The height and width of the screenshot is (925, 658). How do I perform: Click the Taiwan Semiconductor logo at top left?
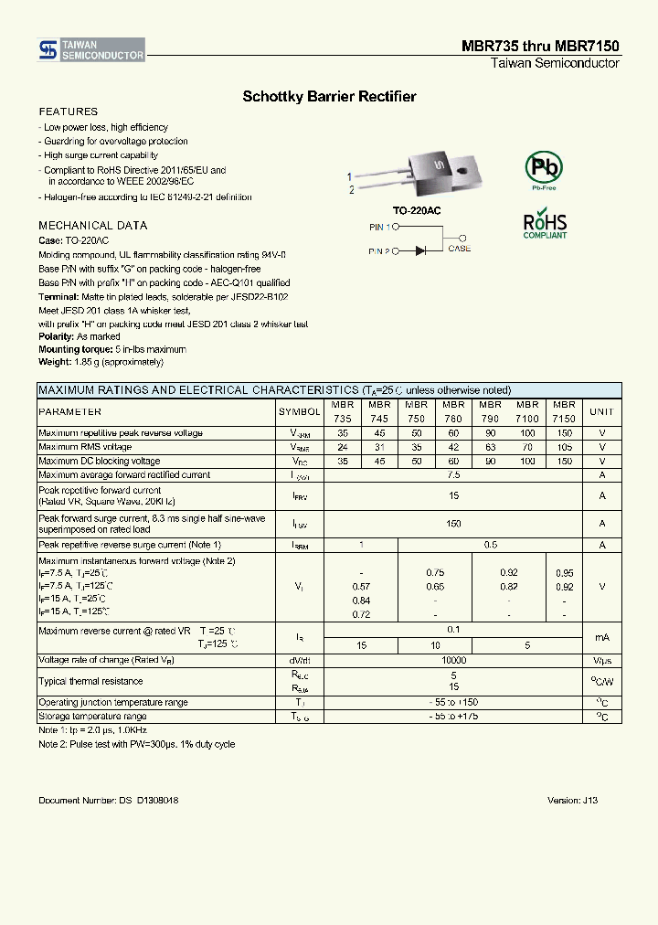pyautogui.click(x=91, y=50)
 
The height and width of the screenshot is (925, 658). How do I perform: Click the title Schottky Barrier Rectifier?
pyautogui.click(x=329, y=96)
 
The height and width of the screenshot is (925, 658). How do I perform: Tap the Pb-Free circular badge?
pyautogui.click(x=543, y=169)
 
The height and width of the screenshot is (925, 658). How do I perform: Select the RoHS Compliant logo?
pyautogui.click(x=545, y=226)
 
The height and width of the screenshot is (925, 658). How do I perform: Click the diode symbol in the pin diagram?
pyautogui.click(x=420, y=250)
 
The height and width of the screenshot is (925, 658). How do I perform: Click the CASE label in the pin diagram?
pyautogui.click(x=460, y=249)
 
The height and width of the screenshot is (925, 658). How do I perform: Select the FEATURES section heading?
pyautogui.click(x=68, y=112)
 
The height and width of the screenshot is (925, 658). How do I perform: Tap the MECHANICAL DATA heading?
pyautogui.click(x=92, y=225)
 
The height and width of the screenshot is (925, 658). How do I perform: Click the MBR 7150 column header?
pyautogui.click(x=564, y=411)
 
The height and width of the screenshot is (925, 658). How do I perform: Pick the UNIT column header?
pyautogui.click(x=602, y=412)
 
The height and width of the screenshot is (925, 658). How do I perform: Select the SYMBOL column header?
pyautogui.click(x=299, y=412)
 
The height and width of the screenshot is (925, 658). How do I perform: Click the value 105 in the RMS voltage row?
pyautogui.click(x=564, y=447)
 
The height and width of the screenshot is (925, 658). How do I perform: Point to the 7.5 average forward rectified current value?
pyautogui.click(x=453, y=475)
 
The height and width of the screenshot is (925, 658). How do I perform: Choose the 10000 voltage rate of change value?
pyautogui.click(x=453, y=660)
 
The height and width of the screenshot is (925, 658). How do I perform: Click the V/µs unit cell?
pyautogui.click(x=602, y=660)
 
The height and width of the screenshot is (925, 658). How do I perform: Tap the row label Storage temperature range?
pyautogui.click(x=92, y=717)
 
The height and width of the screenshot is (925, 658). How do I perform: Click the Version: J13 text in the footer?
pyautogui.click(x=572, y=800)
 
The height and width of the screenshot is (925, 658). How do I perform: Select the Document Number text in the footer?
pyautogui.click(x=108, y=800)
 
